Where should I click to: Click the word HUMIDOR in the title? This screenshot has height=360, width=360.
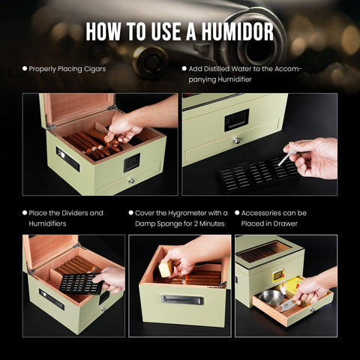[237, 31]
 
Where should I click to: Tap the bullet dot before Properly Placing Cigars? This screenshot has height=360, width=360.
[25, 68]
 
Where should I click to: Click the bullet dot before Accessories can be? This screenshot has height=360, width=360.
[237, 213]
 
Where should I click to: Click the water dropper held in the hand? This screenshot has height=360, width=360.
[287, 157]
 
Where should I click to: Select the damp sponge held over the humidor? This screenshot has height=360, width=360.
[166, 269]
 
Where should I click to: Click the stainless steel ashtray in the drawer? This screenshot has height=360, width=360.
[271, 298]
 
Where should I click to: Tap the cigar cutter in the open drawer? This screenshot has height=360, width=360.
[287, 304]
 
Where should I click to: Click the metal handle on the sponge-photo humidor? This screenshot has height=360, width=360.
[181, 299]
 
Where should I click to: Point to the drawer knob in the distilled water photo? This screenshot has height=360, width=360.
[236, 141]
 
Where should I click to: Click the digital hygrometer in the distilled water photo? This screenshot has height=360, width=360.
[236, 120]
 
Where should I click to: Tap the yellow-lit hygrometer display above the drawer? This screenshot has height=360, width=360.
[278, 275]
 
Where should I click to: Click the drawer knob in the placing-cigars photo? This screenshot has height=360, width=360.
[131, 181]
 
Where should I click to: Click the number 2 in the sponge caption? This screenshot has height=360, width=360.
[196, 223]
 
